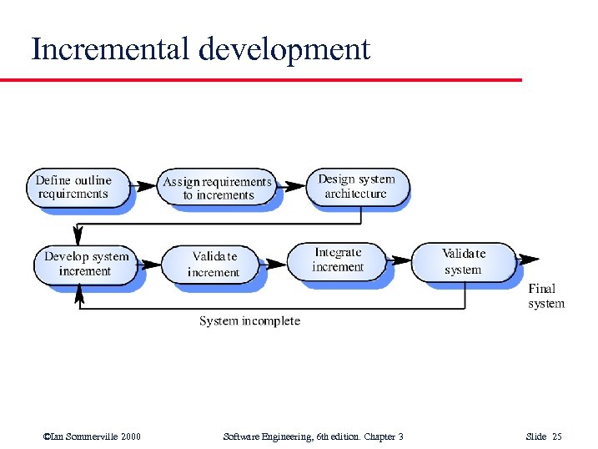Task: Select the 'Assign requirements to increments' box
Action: (218, 189)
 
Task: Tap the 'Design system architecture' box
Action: (356, 186)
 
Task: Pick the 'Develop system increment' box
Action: (86, 264)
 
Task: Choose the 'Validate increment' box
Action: (214, 265)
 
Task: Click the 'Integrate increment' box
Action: (338, 260)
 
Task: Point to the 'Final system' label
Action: (546, 296)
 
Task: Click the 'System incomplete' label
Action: (249, 320)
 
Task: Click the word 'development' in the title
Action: (284, 49)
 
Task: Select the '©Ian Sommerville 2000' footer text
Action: (92, 436)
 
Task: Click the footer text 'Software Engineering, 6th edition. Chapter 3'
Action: (313, 436)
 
